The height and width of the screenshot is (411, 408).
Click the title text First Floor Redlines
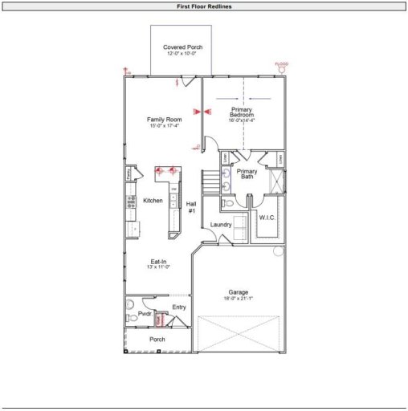204,6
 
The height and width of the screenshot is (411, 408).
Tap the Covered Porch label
182,47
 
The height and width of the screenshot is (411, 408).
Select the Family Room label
165,120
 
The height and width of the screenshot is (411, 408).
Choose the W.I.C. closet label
267,218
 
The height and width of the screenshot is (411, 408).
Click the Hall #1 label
191,207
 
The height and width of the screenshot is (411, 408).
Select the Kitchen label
153,201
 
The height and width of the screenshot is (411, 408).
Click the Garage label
238,292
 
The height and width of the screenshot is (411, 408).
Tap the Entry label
179,307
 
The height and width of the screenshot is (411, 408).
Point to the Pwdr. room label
145,314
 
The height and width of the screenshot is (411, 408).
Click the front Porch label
157,340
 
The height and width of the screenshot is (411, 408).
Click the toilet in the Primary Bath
228,204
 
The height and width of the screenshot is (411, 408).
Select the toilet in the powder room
132,319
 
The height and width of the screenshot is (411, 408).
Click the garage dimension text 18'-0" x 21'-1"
238,299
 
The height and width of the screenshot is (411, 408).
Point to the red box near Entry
160,319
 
